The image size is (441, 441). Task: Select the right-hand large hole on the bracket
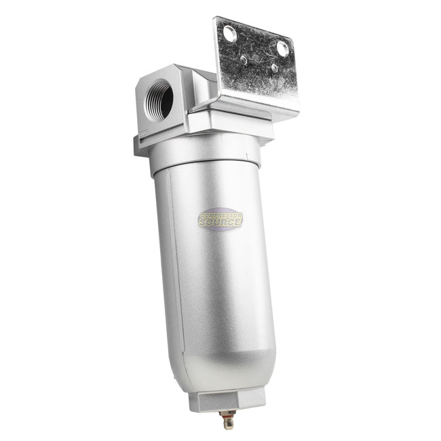tap(282, 47)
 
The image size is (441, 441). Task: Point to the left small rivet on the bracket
tap(243, 60)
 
